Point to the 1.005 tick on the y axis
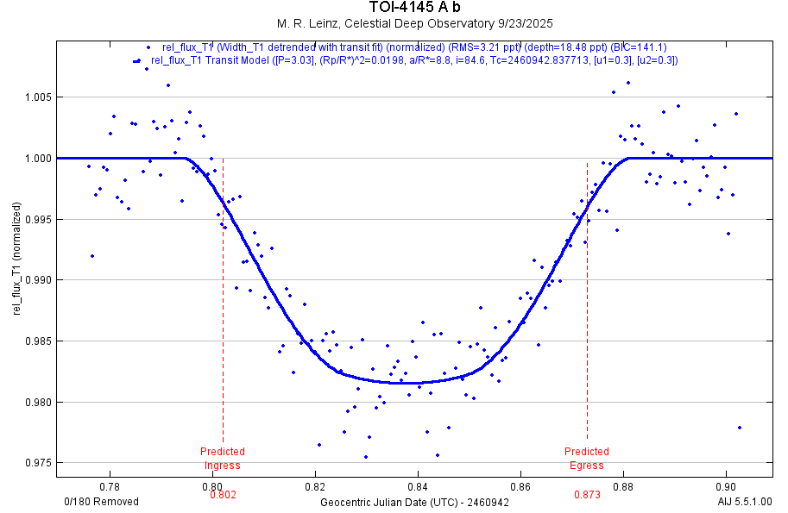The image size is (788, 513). (x=39, y=97)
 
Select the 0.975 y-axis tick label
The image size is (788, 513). (x=39, y=463)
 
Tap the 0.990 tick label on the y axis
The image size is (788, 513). (x=39, y=280)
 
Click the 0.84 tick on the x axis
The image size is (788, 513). (x=418, y=485)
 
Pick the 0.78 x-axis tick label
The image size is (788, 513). (x=110, y=485)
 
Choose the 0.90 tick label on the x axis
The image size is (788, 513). (x=726, y=485)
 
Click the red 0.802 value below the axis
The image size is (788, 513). (x=223, y=495)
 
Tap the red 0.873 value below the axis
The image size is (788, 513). (x=587, y=495)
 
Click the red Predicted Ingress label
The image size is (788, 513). (x=223, y=459)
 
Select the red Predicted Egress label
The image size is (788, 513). (x=587, y=459)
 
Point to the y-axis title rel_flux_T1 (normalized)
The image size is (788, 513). (x=17, y=267)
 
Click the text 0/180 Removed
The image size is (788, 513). (x=101, y=502)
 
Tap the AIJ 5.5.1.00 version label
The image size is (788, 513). (x=745, y=502)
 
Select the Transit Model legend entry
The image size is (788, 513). (x=414, y=60)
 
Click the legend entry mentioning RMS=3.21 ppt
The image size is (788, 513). (x=414, y=47)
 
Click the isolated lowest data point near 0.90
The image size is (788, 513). (x=740, y=428)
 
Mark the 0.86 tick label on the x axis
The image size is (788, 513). (x=520, y=485)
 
